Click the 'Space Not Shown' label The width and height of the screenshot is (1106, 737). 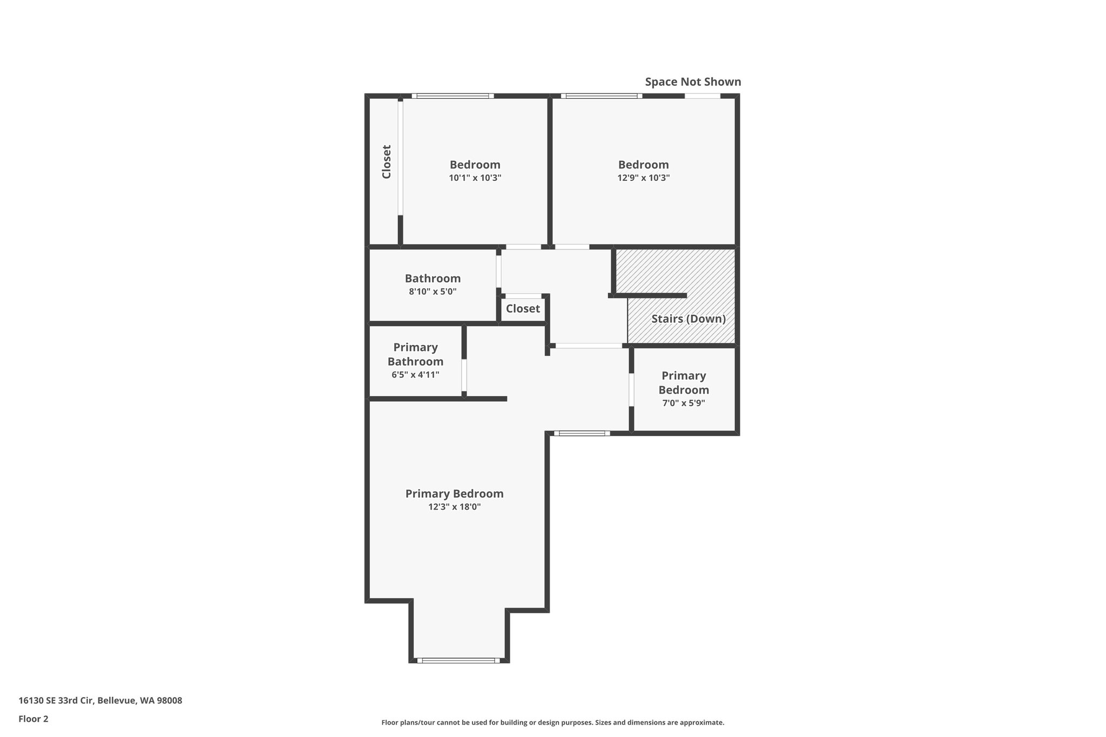(693, 82)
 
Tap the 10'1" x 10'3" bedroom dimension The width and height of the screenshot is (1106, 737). (475, 178)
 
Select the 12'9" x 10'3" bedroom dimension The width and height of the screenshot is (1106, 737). (643, 178)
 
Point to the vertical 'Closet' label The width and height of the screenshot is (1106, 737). (387, 161)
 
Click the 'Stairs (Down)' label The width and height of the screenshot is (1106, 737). (688, 319)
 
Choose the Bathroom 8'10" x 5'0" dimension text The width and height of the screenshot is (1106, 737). (433, 292)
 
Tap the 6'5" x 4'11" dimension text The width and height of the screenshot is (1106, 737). (415, 375)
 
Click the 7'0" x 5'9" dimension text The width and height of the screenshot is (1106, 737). (684, 403)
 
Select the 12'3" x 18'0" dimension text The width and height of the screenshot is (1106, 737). (454, 507)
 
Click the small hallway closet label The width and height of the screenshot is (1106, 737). (523, 308)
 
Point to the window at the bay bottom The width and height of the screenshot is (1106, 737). (458, 660)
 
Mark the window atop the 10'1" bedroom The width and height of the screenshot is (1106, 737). (453, 96)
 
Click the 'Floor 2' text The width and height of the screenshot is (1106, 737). (33, 719)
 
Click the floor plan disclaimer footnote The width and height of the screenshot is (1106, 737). (552, 722)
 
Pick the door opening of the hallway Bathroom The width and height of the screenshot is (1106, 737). (498, 272)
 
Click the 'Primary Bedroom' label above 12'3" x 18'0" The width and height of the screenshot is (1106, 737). (454, 493)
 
